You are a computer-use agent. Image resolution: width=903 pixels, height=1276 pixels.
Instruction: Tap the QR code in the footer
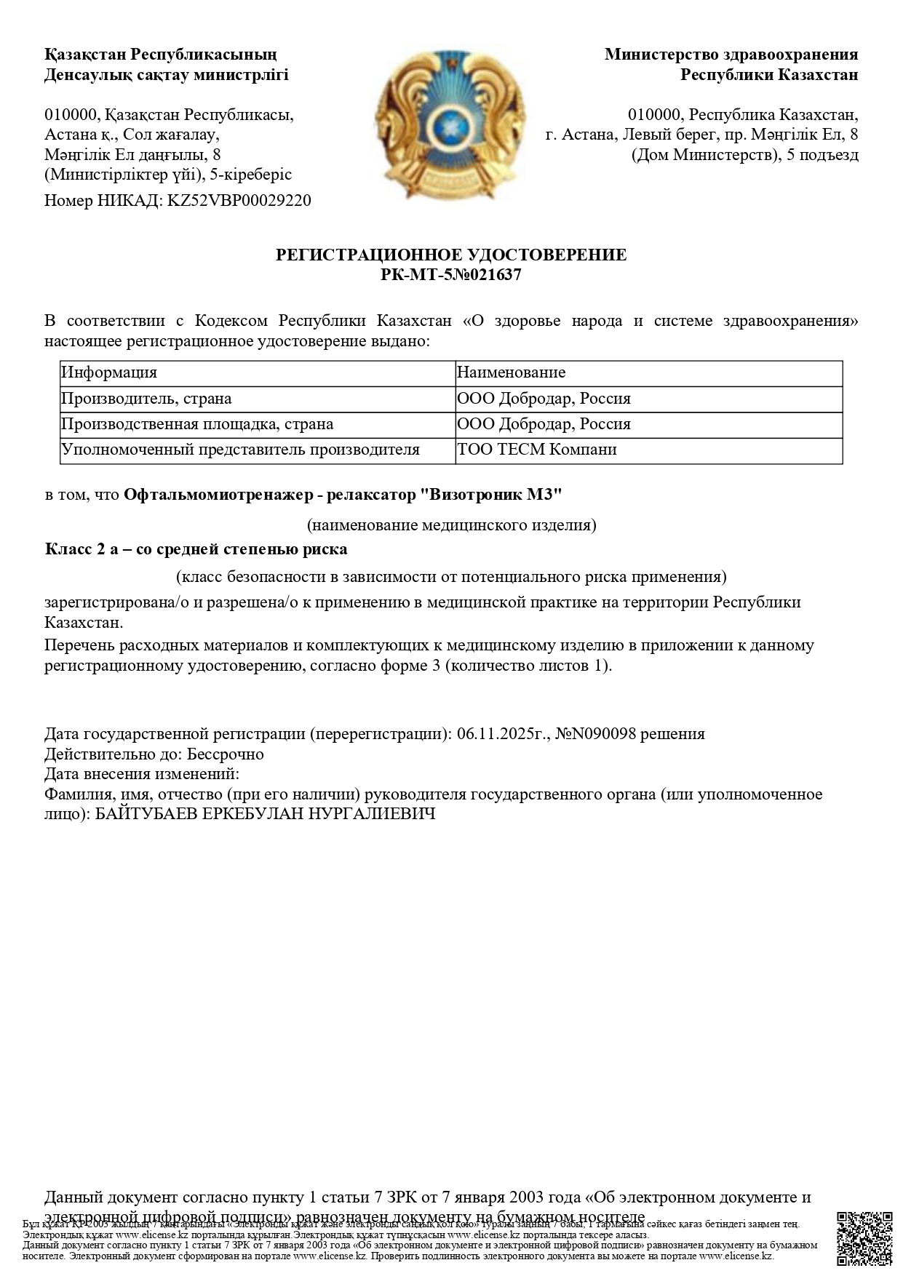point(864,1239)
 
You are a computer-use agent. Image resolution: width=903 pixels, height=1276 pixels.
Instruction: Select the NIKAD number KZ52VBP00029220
point(239,201)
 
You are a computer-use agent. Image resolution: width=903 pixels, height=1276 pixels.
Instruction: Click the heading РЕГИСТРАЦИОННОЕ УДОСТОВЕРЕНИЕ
point(451,255)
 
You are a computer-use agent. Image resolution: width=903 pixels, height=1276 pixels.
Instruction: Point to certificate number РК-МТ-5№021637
point(451,275)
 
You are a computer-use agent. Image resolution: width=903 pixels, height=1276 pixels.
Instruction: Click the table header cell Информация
point(109,373)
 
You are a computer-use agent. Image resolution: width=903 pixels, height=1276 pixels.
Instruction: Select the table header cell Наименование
point(511,373)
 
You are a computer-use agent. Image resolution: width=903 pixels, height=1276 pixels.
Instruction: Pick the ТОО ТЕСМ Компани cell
point(537,450)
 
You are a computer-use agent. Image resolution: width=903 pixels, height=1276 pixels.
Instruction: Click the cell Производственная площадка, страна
point(197,424)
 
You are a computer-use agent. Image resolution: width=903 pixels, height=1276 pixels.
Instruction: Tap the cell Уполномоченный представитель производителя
point(240,450)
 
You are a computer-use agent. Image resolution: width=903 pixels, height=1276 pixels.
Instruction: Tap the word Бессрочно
point(226,754)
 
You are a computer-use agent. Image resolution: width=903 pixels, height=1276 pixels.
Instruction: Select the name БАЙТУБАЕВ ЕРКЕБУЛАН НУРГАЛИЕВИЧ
point(266,813)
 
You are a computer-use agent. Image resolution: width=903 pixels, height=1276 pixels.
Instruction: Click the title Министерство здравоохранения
point(731,55)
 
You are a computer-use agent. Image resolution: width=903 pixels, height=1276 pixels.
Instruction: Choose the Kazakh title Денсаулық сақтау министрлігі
point(167,75)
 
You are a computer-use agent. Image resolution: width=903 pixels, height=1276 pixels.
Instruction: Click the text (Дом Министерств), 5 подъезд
point(745,155)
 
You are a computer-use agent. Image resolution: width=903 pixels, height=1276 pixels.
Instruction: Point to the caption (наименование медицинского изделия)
point(451,525)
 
